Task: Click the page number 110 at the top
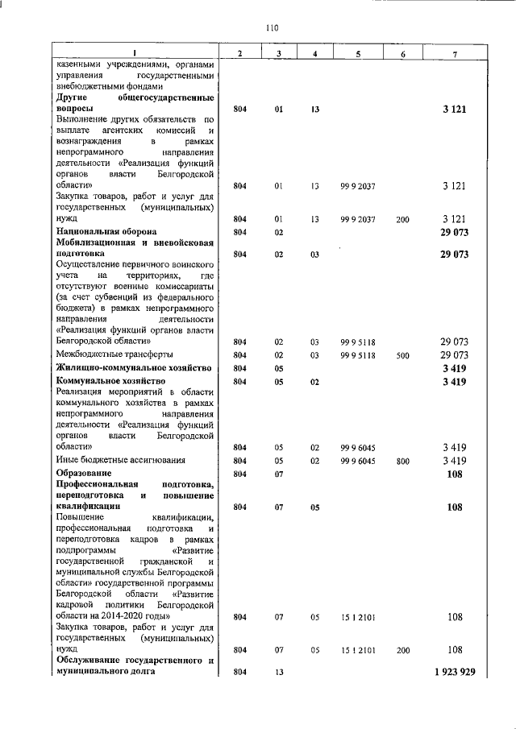point(272,28)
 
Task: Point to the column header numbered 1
point(135,53)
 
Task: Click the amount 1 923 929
point(454,672)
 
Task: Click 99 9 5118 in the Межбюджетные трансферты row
point(357,354)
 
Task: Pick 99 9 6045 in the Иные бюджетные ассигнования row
point(357,461)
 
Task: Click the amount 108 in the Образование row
point(456,474)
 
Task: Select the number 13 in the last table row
point(278,672)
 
